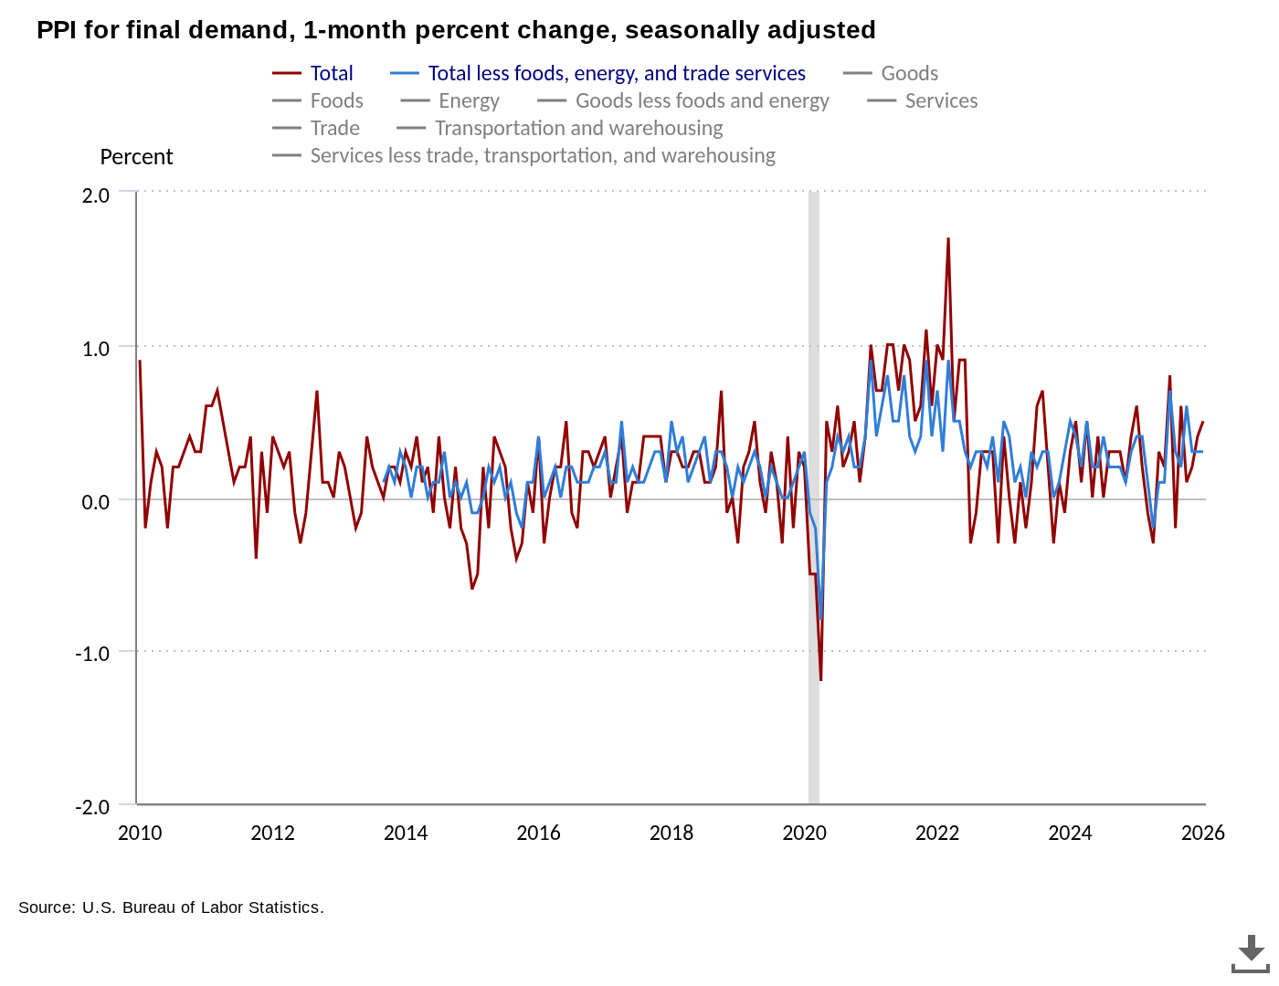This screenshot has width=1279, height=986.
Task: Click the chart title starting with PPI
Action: [456, 30]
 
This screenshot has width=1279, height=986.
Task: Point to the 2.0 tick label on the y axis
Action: [95, 195]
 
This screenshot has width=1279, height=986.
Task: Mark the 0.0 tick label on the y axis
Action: [95, 501]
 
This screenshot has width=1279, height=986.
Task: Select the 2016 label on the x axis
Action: [539, 833]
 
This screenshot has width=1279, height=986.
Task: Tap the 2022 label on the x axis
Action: [937, 833]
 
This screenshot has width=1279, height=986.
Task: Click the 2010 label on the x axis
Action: [140, 833]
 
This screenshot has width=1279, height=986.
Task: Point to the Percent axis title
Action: [136, 157]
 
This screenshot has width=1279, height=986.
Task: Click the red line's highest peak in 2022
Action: [948, 239]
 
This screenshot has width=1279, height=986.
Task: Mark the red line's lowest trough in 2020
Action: [820, 679]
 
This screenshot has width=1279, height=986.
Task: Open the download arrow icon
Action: [1251, 952]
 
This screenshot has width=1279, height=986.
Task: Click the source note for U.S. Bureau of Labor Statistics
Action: [171, 907]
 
